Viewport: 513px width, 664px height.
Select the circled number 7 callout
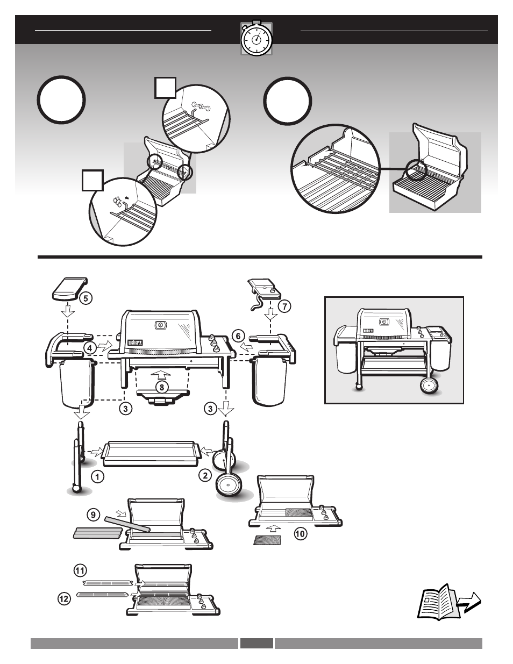pos(283,306)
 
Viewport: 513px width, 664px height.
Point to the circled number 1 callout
pos(97,476)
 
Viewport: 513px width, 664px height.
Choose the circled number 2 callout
pos(205,475)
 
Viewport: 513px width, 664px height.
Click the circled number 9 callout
pos(94,515)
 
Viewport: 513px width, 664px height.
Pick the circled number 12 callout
pos(65,597)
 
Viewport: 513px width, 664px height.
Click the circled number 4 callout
pos(90,347)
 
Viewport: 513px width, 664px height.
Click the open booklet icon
pos(437,602)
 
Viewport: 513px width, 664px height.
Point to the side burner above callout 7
pos(263,287)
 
